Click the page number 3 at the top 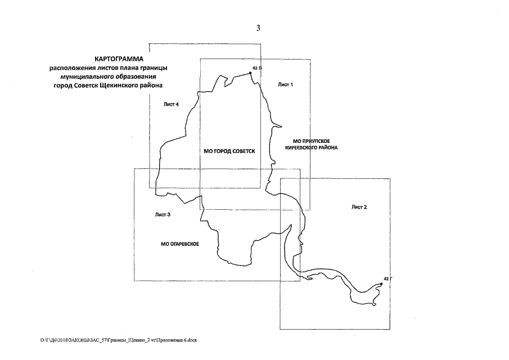click(x=258, y=29)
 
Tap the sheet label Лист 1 click(x=286, y=84)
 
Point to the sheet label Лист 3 click(x=163, y=215)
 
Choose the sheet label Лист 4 click(x=170, y=104)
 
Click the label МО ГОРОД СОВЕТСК click(x=229, y=151)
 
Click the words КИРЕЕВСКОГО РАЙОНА click(x=315, y=147)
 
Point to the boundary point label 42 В click(x=257, y=68)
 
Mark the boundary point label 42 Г click(x=387, y=278)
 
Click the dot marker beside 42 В click(x=250, y=73)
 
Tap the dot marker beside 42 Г click(x=382, y=284)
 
